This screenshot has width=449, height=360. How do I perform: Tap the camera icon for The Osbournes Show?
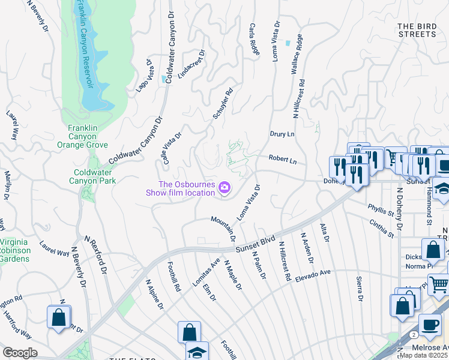pyautogui.click(x=224, y=188)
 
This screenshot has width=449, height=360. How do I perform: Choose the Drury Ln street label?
pyautogui.click(x=282, y=134)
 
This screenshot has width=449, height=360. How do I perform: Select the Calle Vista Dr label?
pyautogui.click(x=171, y=148)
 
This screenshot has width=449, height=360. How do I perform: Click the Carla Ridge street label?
pyautogui.click(x=254, y=40)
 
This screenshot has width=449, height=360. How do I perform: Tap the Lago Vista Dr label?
pyautogui.click(x=142, y=75)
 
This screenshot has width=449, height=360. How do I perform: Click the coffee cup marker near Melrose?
pyautogui.click(x=429, y=325)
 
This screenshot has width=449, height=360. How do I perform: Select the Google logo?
pyautogui.click(x=20, y=353)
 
